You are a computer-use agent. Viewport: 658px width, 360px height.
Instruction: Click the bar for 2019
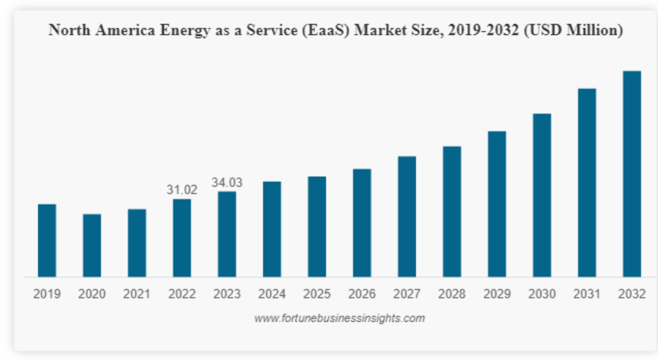(x=47, y=240)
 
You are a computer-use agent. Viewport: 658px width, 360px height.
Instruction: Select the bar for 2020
(x=92, y=245)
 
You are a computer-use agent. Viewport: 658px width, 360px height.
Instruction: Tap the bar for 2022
(x=182, y=238)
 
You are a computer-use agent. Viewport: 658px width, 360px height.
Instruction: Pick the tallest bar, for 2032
(x=631, y=174)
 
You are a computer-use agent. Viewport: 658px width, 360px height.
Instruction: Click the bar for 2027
(x=407, y=216)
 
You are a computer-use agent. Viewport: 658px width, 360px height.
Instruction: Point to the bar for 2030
(x=542, y=195)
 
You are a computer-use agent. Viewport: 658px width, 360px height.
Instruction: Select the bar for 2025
(x=317, y=226)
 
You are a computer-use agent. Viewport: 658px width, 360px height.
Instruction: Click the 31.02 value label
(x=182, y=191)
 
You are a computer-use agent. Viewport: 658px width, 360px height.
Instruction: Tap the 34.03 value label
(x=227, y=183)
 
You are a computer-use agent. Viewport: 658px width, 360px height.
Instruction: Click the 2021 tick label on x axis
(x=137, y=295)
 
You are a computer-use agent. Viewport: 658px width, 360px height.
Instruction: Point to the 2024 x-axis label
(x=272, y=295)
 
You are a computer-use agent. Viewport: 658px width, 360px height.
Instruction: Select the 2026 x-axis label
(x=362, y=295)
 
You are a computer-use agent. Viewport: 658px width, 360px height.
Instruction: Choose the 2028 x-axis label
(x=452, y=295)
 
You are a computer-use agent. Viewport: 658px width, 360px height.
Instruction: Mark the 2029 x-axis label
(x=497, y=295)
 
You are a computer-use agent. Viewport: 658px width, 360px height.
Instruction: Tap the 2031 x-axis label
(x=587, y=295)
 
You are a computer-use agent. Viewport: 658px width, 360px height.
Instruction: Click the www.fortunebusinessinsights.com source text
(x=339, y=318)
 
